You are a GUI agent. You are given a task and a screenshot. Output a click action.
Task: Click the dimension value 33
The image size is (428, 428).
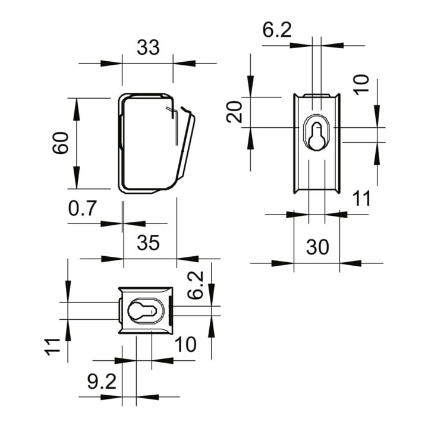pyautogui.click(x=148, y=48)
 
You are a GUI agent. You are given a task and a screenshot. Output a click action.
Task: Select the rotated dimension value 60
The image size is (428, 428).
pyautogui.click(x=60, y=143)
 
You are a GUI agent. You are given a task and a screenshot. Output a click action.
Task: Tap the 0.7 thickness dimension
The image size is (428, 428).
pyautogui.click(x=83, y=209)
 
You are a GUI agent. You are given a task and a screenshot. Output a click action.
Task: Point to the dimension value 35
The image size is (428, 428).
pyautogui.click(x=148, y=243)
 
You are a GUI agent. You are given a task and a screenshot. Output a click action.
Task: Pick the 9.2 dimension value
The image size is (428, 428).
pyautogui.click(x=102, y=382)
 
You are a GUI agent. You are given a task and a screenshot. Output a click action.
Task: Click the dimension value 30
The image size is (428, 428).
pyautogui.click(x=317, y=247)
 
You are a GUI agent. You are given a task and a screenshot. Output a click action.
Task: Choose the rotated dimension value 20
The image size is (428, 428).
pyautogui.click(x=234, y=112)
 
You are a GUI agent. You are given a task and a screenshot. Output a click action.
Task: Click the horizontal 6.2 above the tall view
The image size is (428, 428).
pyautogui.click(x=277, y=30)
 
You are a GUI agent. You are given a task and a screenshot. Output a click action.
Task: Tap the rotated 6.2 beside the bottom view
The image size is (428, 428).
pyautogui.click(x=196, y=285)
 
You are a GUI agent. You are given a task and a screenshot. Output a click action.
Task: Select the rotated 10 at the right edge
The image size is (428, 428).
pyautogui.click(x=361, y=84)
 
